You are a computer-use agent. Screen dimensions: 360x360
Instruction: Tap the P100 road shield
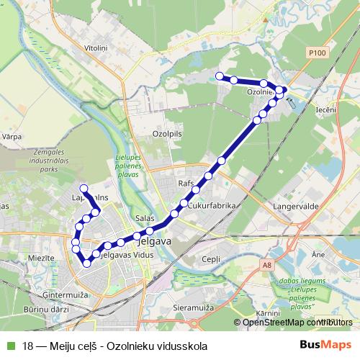click(x=316, y=53)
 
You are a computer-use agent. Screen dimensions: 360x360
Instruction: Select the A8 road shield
click(x=268, y=266)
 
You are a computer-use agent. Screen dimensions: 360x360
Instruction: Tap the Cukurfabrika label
click(x=212, y=205)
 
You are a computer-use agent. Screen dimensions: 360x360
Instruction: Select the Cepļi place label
click(x=212, y=258)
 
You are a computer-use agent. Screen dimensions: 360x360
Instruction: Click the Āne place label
click(x=319, y=254)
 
